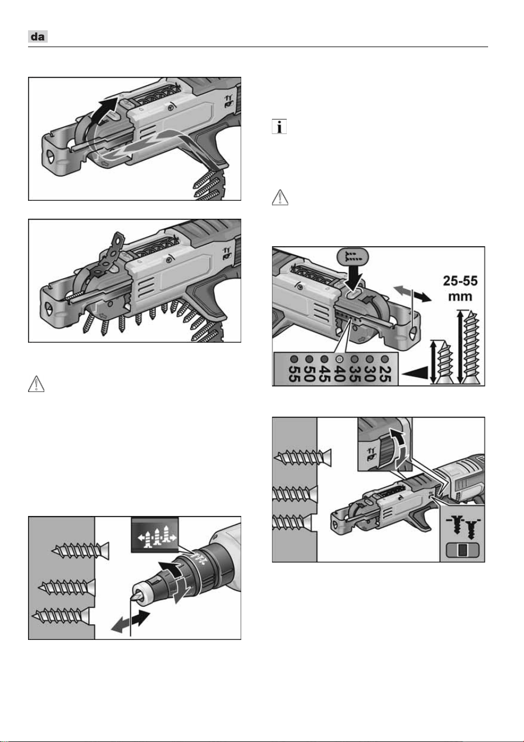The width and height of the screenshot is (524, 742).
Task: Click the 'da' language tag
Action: point(38,36)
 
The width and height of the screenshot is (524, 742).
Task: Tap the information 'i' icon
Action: point(279,126)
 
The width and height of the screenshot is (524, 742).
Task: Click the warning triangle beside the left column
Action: point(36,384)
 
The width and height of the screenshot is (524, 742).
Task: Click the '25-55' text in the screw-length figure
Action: point(461,281)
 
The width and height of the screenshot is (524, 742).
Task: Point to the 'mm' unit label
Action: point(460,296)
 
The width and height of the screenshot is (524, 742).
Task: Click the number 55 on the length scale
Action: point(295,374)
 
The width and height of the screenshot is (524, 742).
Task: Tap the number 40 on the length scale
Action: point(339,374)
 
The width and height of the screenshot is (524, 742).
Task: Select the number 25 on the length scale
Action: point(384,374)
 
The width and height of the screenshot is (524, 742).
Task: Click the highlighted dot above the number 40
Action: point(339,359)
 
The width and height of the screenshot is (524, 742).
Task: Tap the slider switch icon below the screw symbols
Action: point(462,550)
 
